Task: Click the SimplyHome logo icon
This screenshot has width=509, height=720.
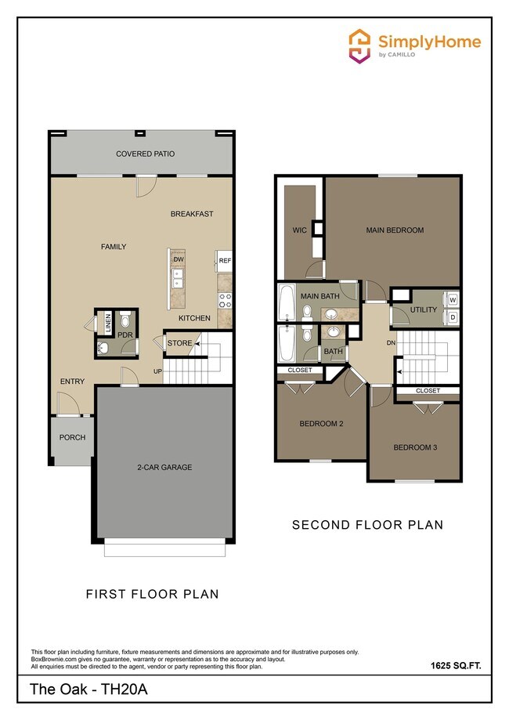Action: click(x=359, y=45)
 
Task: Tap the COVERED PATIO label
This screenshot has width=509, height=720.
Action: click(x=144, y=154)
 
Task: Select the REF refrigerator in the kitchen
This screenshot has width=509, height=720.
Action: click(x=225, y=261)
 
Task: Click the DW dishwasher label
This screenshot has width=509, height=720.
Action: click(x=178, y=259)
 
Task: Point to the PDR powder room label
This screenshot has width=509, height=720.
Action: click(x=125, y=335)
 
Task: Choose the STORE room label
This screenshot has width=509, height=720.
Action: click(x=179, y=343)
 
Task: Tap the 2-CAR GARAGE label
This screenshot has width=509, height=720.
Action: click(x=165, y=468)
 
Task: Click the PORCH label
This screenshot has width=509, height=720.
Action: click(x=72, y=437)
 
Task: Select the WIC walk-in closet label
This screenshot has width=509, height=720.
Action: click(x=298, y=230)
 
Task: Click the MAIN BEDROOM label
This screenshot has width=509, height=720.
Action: click(x=395, y=230)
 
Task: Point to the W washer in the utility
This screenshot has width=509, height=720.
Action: click(x=453, y=299)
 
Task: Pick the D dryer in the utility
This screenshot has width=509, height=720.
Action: click(x=453, y=317)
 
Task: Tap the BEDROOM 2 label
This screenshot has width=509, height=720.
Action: click(x=321, y=424)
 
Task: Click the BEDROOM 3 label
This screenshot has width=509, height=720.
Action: click(x=414, y=447)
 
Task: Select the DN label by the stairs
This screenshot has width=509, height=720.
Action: click(x=392, y=342)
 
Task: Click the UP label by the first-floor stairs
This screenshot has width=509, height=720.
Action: click(x=157, y=371)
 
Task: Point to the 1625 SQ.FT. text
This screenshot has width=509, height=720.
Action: click(x=455, y=666)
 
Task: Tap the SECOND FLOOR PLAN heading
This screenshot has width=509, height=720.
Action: click(x=367, y=525)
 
